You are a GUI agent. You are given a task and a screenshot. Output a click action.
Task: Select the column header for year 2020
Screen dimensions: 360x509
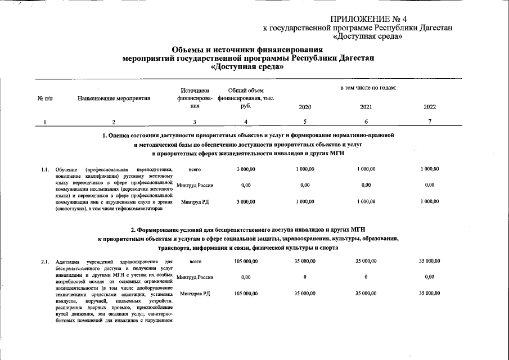point(305,107)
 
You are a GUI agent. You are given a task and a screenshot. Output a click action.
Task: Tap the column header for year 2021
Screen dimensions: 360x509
point(366,107)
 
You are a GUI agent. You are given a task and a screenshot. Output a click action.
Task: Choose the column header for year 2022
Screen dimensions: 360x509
point(430,107)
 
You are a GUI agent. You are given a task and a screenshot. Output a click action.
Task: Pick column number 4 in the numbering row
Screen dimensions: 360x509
point(246,122)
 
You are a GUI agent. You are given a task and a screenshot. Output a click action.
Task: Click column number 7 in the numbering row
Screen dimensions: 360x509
point(430,122)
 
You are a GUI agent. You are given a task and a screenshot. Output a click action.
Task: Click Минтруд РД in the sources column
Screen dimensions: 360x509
point(195,201)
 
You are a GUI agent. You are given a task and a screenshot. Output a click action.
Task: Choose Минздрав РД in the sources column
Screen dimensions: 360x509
point(195,294)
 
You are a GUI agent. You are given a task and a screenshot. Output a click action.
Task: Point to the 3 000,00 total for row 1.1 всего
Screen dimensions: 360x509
point(246,169)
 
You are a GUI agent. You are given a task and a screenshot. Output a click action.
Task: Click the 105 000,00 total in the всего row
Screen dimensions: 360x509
point(246,262)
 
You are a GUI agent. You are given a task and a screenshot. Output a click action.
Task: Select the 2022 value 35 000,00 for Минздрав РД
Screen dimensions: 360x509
point(430,294)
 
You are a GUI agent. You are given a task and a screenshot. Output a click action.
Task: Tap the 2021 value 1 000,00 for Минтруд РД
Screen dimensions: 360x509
point(366,201)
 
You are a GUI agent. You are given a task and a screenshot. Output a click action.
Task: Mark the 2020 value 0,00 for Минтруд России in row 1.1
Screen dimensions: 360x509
point(305,185)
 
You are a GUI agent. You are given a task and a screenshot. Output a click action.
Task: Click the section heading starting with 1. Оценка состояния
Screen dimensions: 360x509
point(248,136)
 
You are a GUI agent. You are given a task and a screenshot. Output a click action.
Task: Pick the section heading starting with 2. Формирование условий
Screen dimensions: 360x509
point(248,229)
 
